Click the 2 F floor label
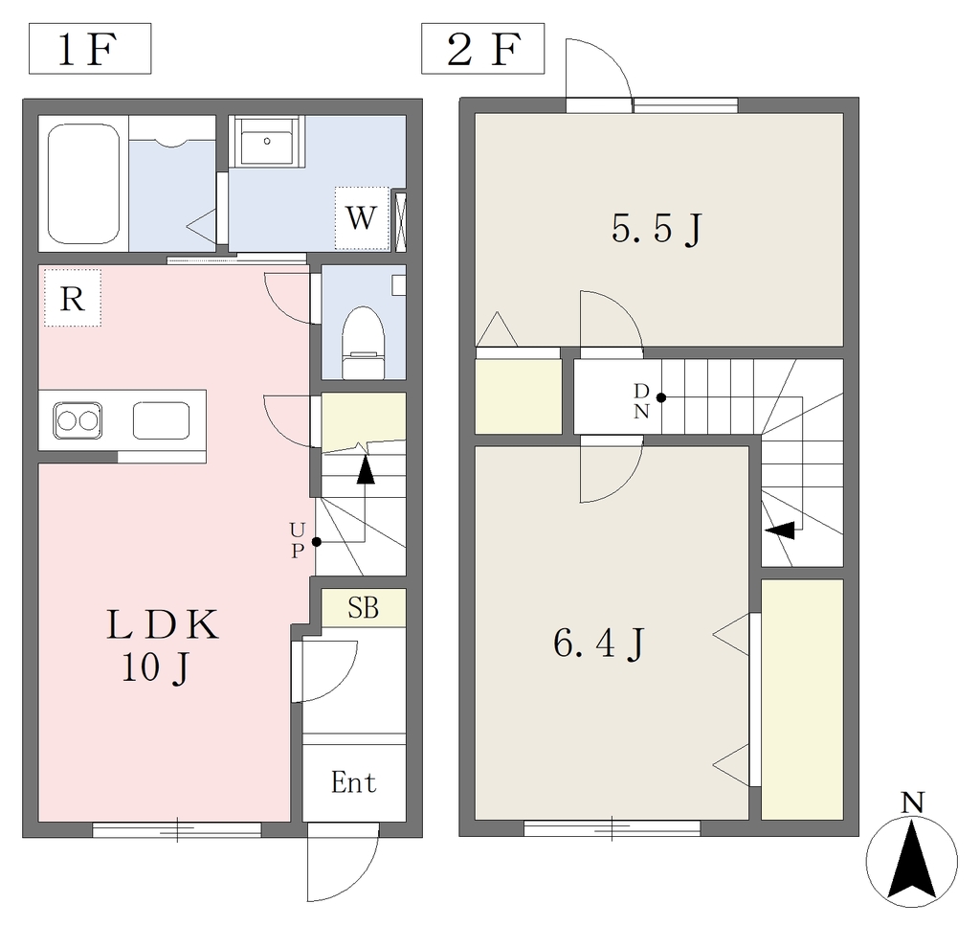pos(483,50)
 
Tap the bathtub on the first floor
pos(83,184)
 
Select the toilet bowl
pos(363,343)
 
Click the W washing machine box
pos(361,218)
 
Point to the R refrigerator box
pos(73,298)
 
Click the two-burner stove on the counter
pos(78,420)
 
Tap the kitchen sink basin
pos(161,420)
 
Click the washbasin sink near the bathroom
pos(267,143)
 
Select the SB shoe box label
pos(363,607)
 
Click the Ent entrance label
pos(354,782)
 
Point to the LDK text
pos(163,624)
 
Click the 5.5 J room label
pos(657,228)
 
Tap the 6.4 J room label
pos(598,644)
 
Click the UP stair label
pos(298,540)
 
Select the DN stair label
pos(641,401)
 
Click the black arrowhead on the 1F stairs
pos(365,471)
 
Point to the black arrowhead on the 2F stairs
pos(781,531)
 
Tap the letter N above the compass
pos(912,802)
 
